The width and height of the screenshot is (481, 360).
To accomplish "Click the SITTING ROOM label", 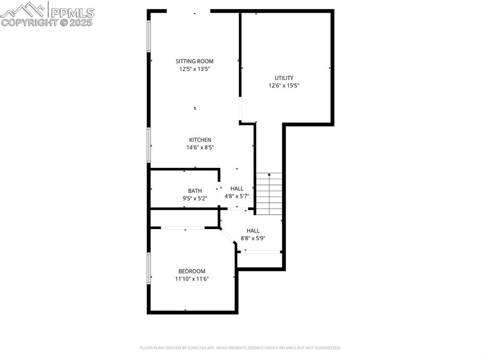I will pos(194,61).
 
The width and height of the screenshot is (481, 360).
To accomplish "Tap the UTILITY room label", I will pos(284,78).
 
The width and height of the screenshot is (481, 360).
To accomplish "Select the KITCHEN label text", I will pos(200,140).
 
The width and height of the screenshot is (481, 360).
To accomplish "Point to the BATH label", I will pos(195,191).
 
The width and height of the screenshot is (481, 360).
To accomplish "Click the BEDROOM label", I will pos(192,271).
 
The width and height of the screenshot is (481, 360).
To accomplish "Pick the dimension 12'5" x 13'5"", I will pos(194,69).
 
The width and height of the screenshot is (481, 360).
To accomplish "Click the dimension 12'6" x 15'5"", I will pos(284,86).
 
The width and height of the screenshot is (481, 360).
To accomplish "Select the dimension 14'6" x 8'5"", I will pos(200,147).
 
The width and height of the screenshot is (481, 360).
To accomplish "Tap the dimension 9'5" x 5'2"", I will pos(195,198).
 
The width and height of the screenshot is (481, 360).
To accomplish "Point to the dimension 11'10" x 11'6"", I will pos(192,279).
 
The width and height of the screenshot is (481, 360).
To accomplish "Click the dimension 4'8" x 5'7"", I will pos(237,196).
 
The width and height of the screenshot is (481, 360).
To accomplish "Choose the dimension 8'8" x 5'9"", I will pos(253,238).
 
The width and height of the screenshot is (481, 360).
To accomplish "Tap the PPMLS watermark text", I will pos(72,12).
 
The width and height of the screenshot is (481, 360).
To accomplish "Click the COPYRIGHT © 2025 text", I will pos(47,22).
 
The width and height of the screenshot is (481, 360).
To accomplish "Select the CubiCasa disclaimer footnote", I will pos(240,348).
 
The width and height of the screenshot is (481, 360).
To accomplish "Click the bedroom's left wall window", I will pos(149,268).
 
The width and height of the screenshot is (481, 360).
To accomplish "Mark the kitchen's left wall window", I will pos(149,145).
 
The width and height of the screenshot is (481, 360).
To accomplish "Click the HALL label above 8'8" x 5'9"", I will pos(253,230).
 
